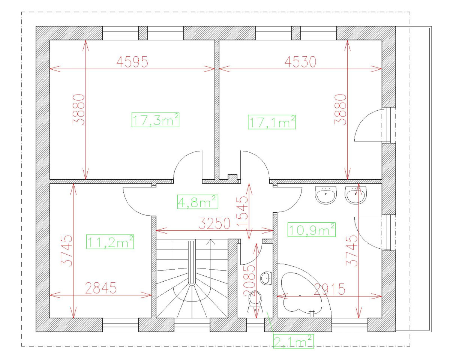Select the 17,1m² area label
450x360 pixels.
(x=272, y=121)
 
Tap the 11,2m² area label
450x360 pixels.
(x=110, y=242)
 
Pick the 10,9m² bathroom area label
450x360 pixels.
(x=311, y=229)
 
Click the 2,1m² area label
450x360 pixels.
(x=293, y=341)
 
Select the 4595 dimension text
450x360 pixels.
(x=132, y=62)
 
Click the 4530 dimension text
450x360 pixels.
(x=300, y=62)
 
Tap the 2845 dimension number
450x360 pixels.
(x=100, y=289)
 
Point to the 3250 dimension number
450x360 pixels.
(x=214, y=224)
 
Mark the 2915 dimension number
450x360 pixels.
(x=329, y=289)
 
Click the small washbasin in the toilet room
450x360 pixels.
(x=266, y=278)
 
